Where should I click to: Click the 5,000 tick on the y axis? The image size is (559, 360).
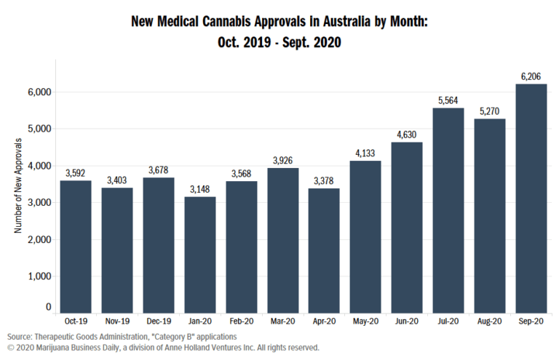point(36,129)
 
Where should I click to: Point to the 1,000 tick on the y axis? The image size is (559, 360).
point(36,276)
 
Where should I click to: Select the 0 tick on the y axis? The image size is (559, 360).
point(47,308)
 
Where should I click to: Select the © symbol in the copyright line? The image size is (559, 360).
point(10,348)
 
